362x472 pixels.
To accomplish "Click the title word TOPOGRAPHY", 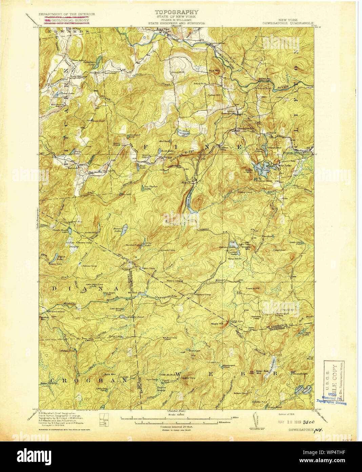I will tap(176, 12).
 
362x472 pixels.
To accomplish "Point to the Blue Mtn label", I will tap(214, 71).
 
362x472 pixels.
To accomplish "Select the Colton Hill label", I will tap(214, 95).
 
